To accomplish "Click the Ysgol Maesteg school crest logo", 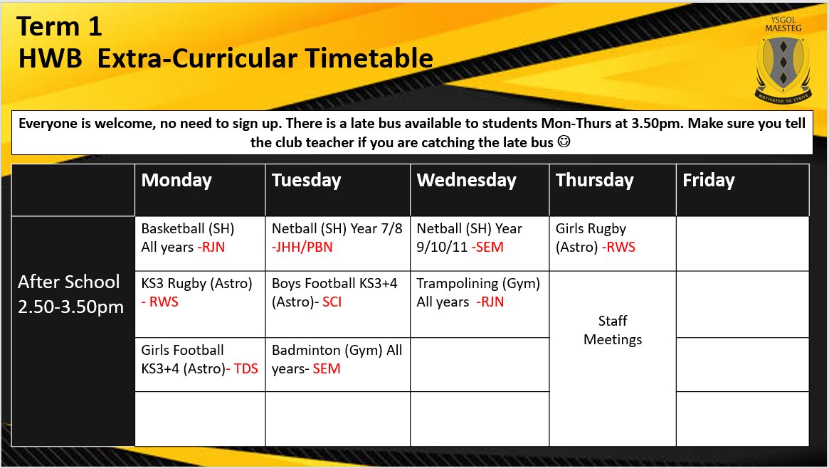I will pyautogui.click(x=782, y=63).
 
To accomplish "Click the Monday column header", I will pyautogui.click(x=176, y=180).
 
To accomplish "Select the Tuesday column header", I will pyautogui.click(x=306, y=180).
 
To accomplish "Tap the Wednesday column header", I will pyautogui.click(x=466, y=180).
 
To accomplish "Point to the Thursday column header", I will pyautogui.click(x=594, y=180).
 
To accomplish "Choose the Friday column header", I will pyautogui.click(x=708, y=180).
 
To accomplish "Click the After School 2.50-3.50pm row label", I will pyautogui.click(x=69, y=294).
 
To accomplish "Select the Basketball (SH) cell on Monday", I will pyautogui.click(x=187, y=238).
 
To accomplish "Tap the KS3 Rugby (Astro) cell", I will pyautogui.click(x=196, y=292).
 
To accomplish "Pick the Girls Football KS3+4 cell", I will pyautogui.click(x=199, y=359).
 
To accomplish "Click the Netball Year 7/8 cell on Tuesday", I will pyautogui.click(x=337, y=238).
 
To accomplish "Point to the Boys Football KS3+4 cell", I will pyautogui.click(x=334, y=292).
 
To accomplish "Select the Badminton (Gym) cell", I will pyautogui.click(x=337, y=359).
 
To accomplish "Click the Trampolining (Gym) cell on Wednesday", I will pyautogui.click(x=478, y=292).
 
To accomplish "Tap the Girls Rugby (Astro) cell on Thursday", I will pyautogui.click(x=595, y=238).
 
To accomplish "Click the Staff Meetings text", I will pyautogui.click(x=613, y=330).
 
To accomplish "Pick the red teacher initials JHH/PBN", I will pyautogui.click(x=302, y=248).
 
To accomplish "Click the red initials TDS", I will pyautogui.click(x=245, y=368).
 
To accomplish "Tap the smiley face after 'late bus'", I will pyautogui.click(x=564, y=142).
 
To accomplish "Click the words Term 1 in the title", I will pyautogui.click(x=60, y=27).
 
